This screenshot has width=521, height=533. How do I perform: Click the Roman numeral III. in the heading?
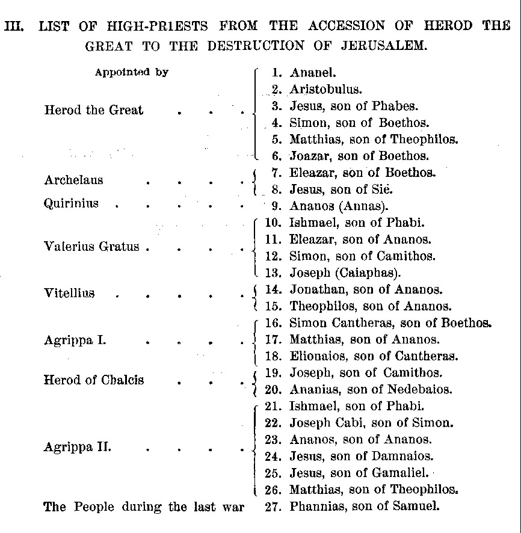(x=14, y=26)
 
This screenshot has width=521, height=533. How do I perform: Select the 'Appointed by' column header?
(x=131, y=72)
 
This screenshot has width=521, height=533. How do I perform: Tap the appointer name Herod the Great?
(x=94, y=110)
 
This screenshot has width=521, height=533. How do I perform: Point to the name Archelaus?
(x=73, y=180)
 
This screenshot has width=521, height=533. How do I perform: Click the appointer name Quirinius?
(x=71, y=203)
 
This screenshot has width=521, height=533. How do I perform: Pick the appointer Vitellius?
(x=69, y=294)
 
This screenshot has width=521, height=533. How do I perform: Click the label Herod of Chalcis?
(x=94, y=380)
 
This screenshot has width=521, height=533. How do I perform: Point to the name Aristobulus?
(x=325, y=89)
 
